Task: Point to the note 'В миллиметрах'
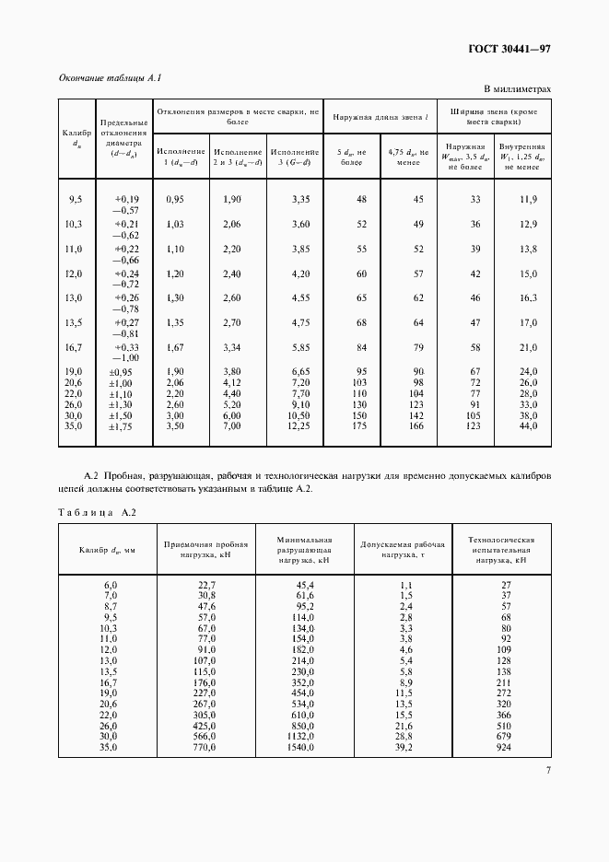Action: point(518,89)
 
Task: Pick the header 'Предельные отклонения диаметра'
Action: point(123,138)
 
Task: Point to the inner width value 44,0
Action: point(526,426)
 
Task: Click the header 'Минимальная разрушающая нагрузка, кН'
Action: point(304,549)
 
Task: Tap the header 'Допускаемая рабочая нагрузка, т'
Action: point(404,550)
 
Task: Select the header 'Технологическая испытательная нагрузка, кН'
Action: point(502,549)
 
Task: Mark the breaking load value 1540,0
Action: point(303,747)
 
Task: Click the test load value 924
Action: point(503,747)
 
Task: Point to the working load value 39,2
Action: point(404,747)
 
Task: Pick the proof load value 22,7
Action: point(206,585)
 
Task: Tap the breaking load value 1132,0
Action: point(303,736)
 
